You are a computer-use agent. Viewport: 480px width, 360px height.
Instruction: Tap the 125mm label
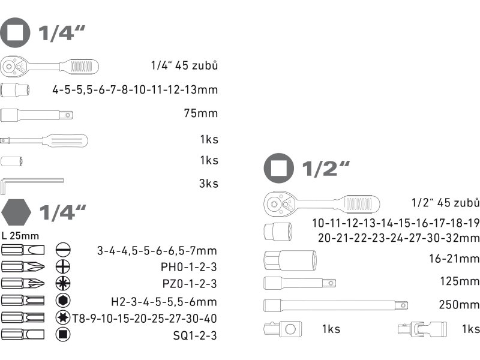pos(461,281)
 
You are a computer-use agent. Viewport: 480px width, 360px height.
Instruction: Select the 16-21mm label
pos(454,259)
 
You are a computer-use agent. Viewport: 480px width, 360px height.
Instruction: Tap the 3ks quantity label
pos(209,184)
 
